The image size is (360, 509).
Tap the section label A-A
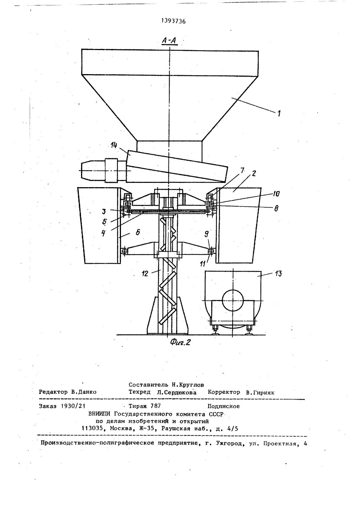click(168, 42)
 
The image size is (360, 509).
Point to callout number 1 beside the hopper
click(279, 113)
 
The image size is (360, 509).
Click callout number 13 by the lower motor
click(278, 274)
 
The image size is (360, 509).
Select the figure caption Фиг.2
click(180, 342)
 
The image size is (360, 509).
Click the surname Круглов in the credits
click(190, 384)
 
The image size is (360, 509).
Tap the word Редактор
click(53, 392)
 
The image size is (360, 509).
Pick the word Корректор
click(224, 392)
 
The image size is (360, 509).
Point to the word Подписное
click(224, 406)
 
